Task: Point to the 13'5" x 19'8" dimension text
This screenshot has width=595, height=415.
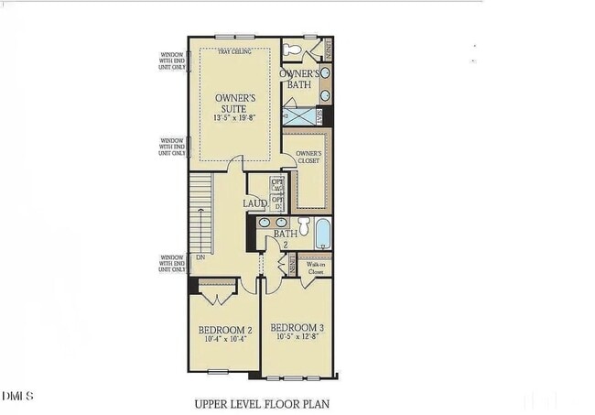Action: point(234,117)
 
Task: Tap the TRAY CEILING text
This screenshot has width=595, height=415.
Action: point(234,51)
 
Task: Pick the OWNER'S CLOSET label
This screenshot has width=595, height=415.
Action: point(308,157)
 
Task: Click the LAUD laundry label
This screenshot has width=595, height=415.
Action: point(255,203)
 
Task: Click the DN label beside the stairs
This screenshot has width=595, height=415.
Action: point(200,258)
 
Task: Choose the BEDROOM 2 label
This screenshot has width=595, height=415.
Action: point(225,330)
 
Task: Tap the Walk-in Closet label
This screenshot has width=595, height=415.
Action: point(316,268)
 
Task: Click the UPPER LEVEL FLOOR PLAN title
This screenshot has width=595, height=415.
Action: point(261,402)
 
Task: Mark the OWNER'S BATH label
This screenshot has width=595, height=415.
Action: point(300,79)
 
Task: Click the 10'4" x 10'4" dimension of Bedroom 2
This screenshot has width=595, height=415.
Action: point(225,340)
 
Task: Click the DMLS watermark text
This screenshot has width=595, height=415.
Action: point(17,396)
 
